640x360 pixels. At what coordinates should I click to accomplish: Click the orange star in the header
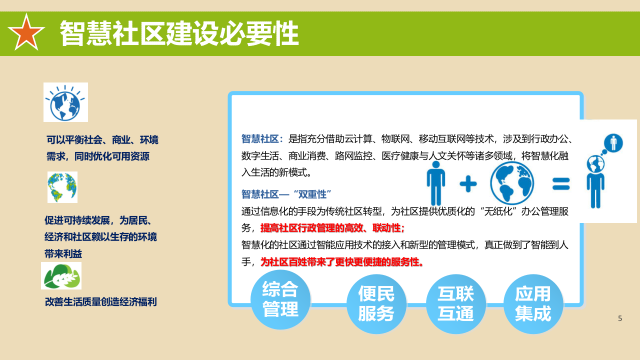pos(26,32)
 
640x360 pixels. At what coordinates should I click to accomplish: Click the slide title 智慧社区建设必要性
pos(179,33)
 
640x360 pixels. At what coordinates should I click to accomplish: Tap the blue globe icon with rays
pos(65,102)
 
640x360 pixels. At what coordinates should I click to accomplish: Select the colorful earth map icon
pos(62,187)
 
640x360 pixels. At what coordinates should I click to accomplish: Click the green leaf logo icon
pos(61,276)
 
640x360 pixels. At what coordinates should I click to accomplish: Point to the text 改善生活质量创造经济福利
pos(101,302)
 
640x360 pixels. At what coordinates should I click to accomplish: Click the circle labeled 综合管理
pos(280,299)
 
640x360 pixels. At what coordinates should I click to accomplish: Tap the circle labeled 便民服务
pos(376,303)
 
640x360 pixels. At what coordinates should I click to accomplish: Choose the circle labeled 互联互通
pos(455,303)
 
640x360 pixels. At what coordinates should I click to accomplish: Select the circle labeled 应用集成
pos(533,303)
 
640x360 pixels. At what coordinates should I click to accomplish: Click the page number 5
pos(620,318)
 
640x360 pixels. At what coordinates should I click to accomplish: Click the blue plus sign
pos(468,184)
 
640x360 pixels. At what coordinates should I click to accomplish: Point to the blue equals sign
pos(561,183)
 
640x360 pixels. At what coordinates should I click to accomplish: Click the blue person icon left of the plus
pos(436,183)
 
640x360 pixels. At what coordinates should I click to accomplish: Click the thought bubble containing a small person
pos(612,143)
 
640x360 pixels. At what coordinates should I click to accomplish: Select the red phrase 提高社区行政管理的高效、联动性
pos(332,228)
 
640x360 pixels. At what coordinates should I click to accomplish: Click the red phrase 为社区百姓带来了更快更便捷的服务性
pos(342,261)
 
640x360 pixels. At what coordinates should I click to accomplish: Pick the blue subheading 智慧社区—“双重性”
pos(286,194)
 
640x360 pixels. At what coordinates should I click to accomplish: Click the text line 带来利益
pos(63,254)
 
